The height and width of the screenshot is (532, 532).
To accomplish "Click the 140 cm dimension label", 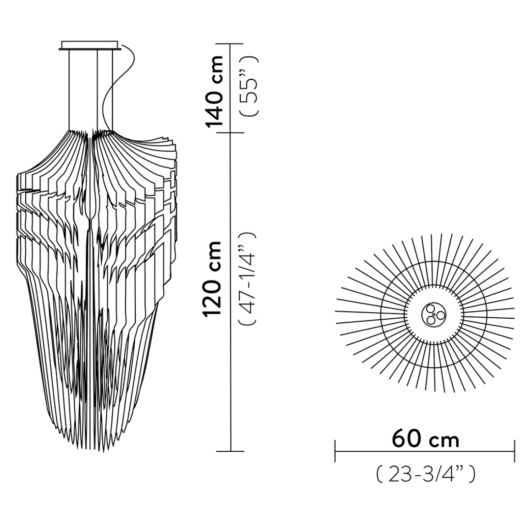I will [214, 91].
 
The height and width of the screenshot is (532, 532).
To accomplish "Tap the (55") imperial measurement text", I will [251, 87].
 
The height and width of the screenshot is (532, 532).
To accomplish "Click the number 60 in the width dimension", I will [407, 439].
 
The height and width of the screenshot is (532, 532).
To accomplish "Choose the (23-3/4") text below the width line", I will [425, 474].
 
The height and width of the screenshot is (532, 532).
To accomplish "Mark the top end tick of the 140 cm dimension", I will [230, 44].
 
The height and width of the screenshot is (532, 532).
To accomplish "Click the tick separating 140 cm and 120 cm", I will [230, 133].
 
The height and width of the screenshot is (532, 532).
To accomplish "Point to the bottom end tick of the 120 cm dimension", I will [230, 451].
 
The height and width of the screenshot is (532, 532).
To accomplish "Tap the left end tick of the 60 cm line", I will [335, 451].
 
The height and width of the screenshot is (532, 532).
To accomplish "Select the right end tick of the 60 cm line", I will [515, 451].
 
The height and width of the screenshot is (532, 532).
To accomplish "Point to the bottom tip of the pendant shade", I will [87, 447].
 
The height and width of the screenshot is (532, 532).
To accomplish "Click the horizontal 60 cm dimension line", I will [425, 451].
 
